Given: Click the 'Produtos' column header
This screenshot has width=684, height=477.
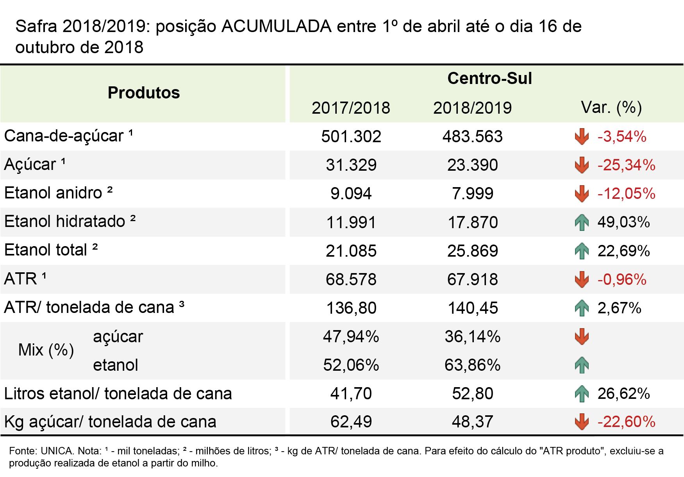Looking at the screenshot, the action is click(x=144, y=93).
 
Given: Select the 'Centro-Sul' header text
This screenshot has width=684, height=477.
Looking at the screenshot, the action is click(x=489, y=78).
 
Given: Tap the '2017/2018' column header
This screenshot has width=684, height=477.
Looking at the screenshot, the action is click(x=351, y=108).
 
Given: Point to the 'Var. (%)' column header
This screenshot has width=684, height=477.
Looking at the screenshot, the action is click(x=611, y=107).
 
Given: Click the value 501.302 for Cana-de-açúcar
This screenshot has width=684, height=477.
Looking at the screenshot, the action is click(x=351, y=136).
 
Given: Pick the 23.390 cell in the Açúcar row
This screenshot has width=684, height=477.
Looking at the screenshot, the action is click(x=472, y=165).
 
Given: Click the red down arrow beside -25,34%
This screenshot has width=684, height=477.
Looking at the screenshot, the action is click(x=582, y=165).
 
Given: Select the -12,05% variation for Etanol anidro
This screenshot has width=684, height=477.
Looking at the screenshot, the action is click(x=626, y=193).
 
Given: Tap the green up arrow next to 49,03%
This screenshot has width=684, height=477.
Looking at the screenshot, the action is click(x=582, y=222).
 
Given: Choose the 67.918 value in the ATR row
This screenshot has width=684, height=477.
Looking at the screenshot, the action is click(x=472, y=279).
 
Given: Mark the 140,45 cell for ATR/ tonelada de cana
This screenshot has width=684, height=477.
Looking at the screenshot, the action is click(x=472, y=308).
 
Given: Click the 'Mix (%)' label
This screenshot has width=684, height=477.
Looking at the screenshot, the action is click(x=46, y=350).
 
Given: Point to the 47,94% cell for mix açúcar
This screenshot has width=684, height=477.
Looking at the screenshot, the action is click(x=351, y=336).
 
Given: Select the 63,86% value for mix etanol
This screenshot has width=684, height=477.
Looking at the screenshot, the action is click(x=472, y=365).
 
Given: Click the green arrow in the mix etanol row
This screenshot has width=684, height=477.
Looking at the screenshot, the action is click(x=582, y=365).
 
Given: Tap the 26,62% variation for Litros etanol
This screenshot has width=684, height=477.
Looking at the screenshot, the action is click(x=623, y=393).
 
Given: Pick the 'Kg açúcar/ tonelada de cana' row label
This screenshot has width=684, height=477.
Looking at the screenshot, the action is click(x=110, y=422).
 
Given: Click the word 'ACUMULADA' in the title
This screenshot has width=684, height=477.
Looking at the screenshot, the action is click(x=277, y=27).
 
